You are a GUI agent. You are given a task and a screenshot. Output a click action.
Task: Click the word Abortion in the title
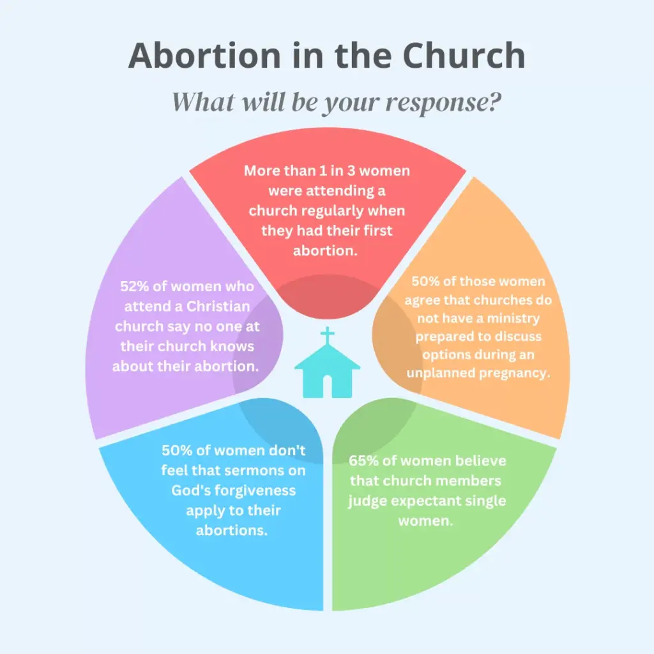pyautogui.click(x=205, y=56)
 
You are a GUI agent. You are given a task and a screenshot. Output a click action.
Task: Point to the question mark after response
pyautogui.click(x=495, y=102)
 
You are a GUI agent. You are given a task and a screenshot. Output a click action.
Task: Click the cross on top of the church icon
pyautogui.click(x=328, y=336)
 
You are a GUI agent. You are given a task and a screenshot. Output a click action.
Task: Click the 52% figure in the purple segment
pyautogui.click(x=134, y=287)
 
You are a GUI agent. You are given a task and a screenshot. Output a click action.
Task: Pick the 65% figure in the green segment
pyautogui.click(x=363, y=461)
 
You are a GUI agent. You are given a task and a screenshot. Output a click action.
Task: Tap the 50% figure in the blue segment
pyautogui.click(x=177, y=450)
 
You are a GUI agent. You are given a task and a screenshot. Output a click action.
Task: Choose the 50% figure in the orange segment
pyautogui.click(x=425, y=282)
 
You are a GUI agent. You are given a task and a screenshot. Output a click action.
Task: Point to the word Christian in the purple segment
pyautogui.click(x=218, y=307)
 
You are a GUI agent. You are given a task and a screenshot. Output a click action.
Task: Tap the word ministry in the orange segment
pyautogui.click(x=513, y=319)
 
